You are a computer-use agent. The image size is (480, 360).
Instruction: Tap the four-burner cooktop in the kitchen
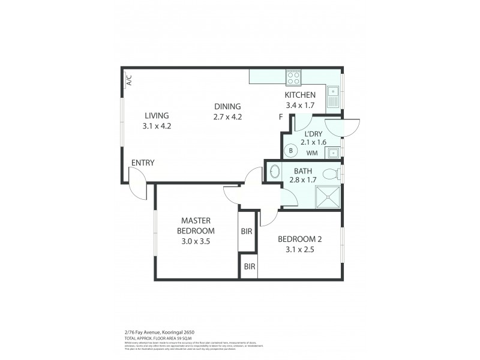tap(293, 78)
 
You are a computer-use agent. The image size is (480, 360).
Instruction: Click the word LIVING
tap(156, 116)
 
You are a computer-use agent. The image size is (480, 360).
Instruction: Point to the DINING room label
tap(227, 107)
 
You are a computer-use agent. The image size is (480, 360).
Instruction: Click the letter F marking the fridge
tap(281, 117)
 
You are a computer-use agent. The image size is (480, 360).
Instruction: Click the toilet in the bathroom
tap(330, 175)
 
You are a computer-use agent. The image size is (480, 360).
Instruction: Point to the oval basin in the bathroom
tap(273, 172)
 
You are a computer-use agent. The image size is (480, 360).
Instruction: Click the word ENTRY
tap(143, 163)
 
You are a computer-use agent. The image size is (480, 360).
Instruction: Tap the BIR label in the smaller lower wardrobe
tap(248, 266)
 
